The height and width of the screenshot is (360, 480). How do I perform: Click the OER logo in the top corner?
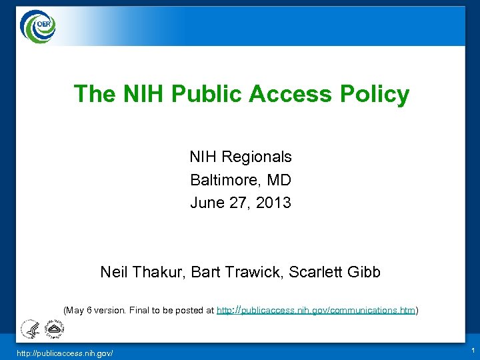pyautogui.click(x=38, y=26)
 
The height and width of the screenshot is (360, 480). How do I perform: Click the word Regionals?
pyautogui.click(x=256, y=157)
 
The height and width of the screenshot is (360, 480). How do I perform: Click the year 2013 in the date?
pyautogui.click(x=273, y=203)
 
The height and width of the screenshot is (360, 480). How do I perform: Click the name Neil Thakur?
pyautogui.click(x=142, y=272)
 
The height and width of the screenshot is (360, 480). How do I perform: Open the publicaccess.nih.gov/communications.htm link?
pyautogui.click(x=316, y=310)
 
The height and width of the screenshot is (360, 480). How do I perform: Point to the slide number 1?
pyautogui.click(x=472, y=350)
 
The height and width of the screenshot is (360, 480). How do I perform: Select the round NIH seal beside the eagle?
pyautogui.click(x=53, y=329)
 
